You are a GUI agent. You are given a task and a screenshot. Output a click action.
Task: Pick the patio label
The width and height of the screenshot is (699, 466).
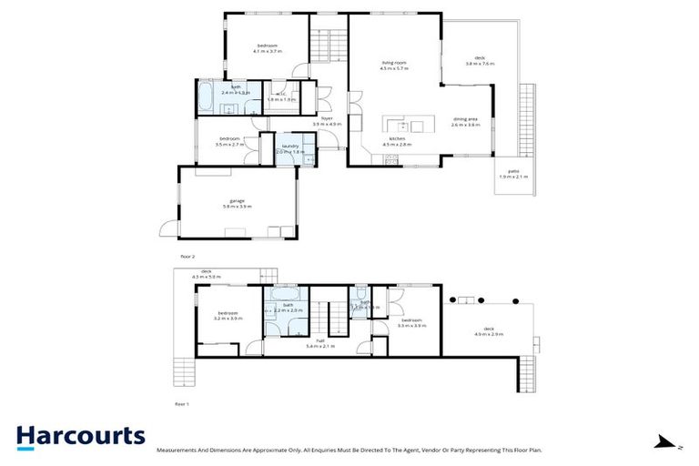(x=513, y=174)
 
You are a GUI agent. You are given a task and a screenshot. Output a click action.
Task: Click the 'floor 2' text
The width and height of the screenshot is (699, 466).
(x=188, y=258)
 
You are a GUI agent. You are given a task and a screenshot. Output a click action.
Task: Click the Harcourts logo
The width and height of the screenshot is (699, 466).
(x=80, y=436)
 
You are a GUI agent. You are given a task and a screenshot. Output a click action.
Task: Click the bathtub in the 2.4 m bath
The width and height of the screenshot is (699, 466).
(x=205, y=96)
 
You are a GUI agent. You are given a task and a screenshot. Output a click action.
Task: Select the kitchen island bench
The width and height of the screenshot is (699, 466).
(x=405, y=127)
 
